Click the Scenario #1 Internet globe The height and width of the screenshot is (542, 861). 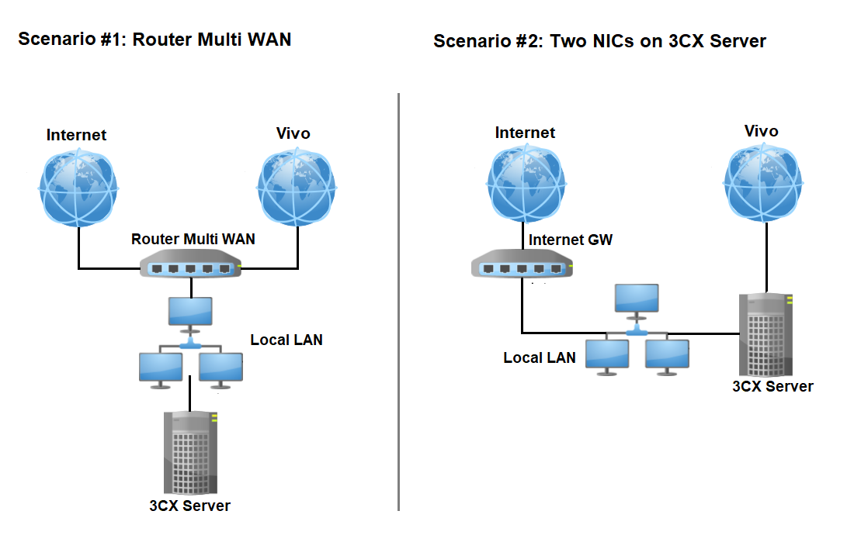click(78, 187)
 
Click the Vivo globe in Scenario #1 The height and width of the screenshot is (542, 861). click(297, 187)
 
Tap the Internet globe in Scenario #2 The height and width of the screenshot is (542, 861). click(525, 183)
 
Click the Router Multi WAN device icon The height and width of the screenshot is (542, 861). click(190, 268)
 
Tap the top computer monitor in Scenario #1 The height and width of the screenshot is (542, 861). click(190, 311)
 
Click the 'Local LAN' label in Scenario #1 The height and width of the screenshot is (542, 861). click(286, 340)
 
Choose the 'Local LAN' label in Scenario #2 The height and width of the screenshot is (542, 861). click(540, 357)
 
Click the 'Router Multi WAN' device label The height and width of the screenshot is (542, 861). click(193, 240)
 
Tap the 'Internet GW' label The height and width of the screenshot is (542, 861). click(571, 240)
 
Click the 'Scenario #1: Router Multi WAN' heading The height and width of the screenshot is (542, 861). click(154, 40)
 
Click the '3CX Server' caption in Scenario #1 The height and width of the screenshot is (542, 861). click(190, 506)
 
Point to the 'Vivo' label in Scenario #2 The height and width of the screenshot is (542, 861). click(761, 131)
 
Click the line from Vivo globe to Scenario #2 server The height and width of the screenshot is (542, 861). click(766, 256)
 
